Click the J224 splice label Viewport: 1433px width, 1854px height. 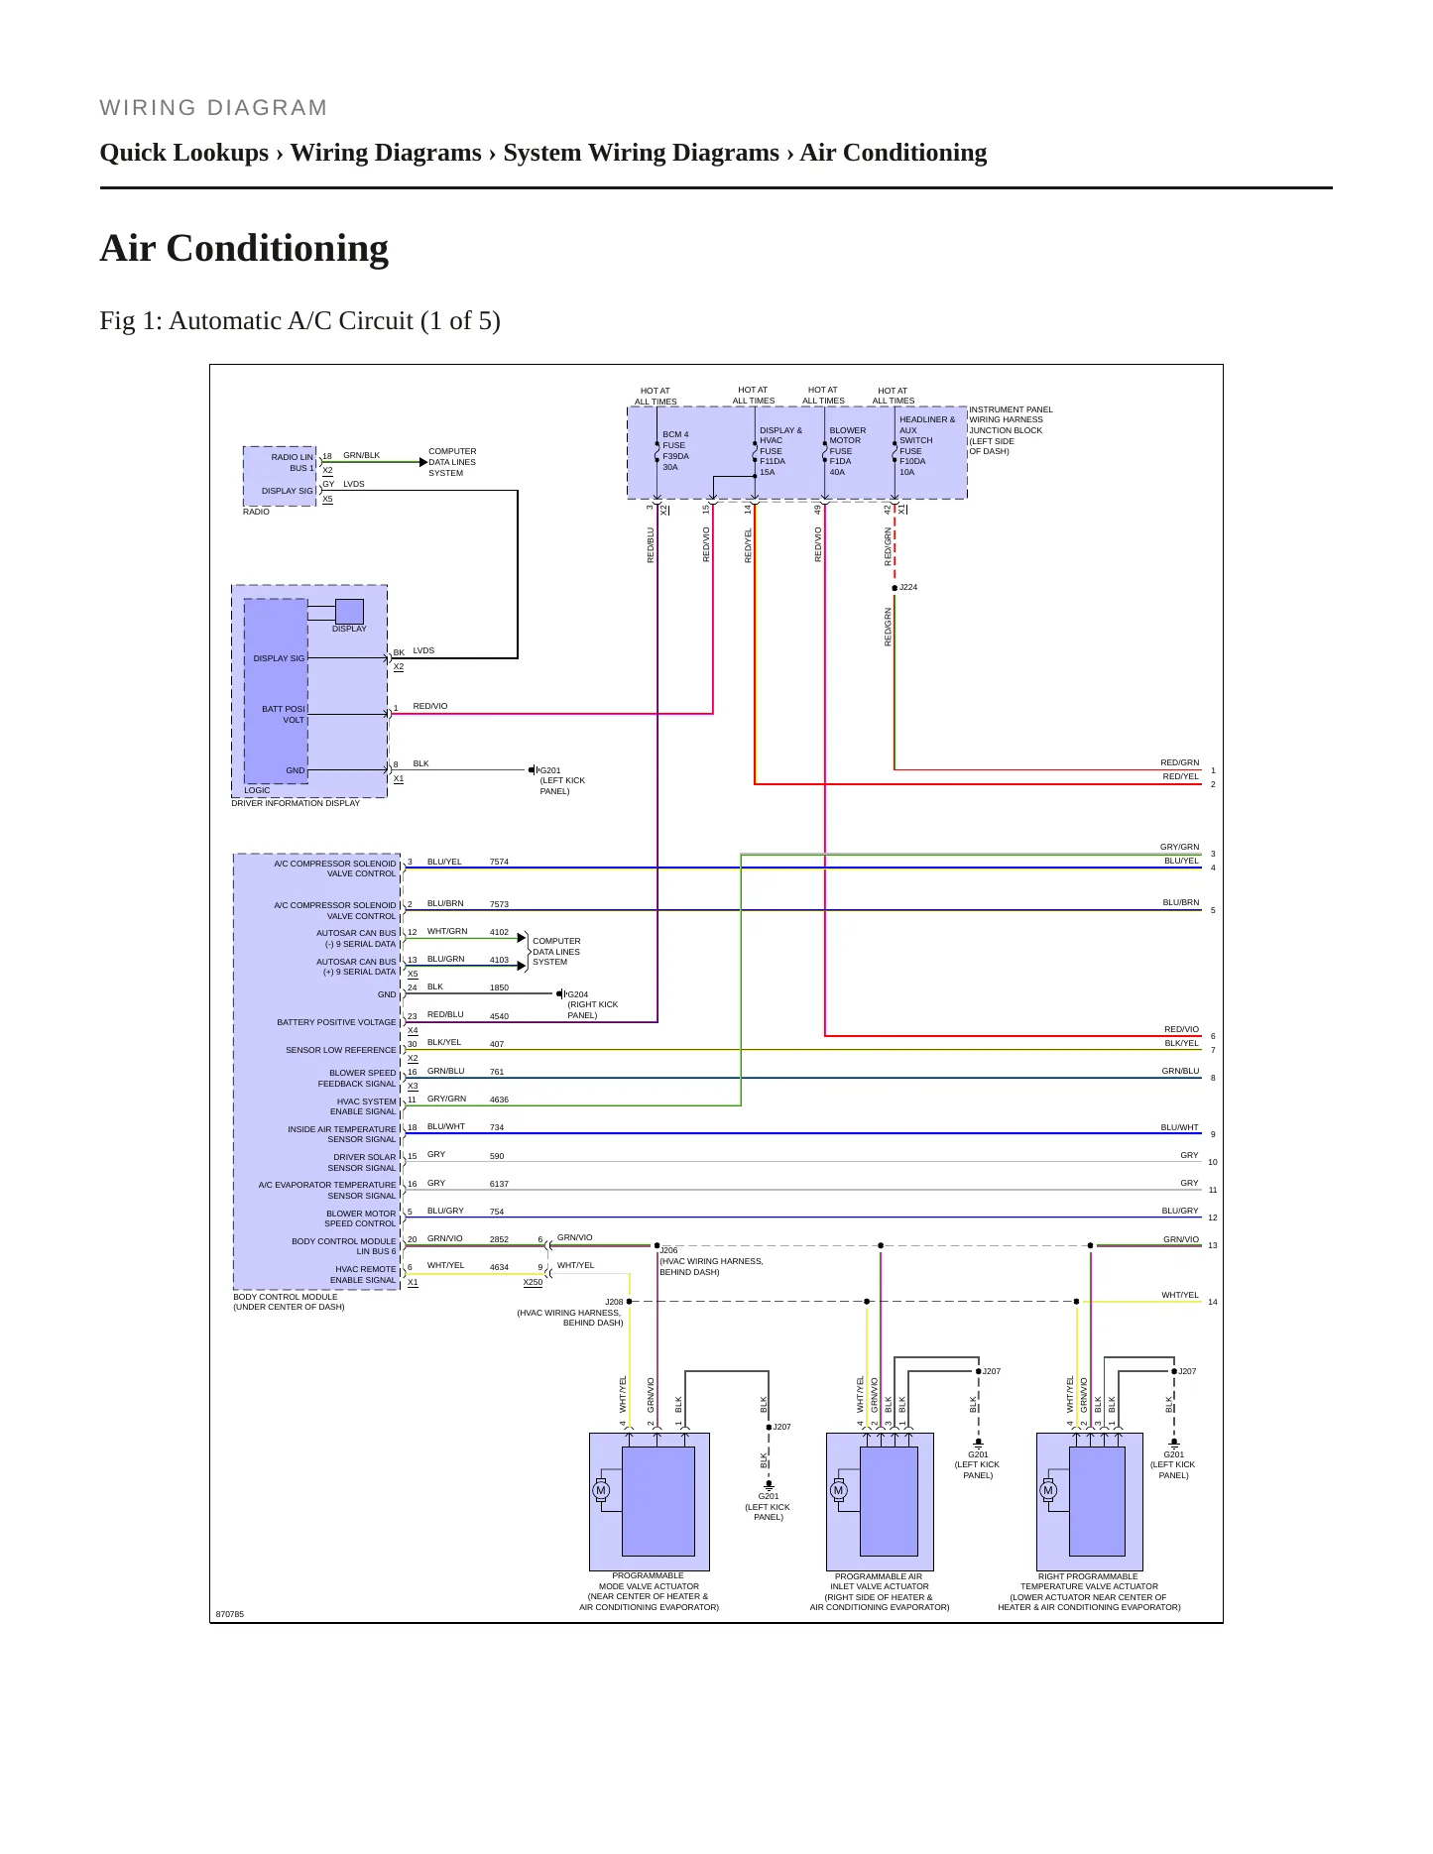(x=908, y=587)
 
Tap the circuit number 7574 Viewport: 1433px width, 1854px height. (x=499, y=862)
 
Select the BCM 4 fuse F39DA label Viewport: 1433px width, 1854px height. (x=675, y=450)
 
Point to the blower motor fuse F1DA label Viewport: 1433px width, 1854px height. (x=847, y=451)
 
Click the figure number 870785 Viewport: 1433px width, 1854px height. (x=230, y=1614)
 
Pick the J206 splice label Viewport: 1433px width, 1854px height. (x=668, y=1250)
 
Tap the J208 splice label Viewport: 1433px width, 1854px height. (x=614, y=1302)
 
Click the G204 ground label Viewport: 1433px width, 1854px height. (x=577, y=994)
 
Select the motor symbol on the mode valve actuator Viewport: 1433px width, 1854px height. (x=601, y=1490)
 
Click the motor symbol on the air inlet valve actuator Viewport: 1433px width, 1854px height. (x=838, y=1490)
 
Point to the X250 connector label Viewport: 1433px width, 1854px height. (x=533, y=1282)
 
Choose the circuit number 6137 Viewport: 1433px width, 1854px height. (x=499, y=1184)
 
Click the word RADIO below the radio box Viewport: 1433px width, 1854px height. (x=256, y=512)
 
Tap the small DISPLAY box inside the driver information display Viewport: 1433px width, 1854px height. (x=349, y=612)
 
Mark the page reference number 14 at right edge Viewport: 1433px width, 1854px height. (x=1213, y=1302)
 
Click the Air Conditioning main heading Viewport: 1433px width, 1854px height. (x=244, y=248)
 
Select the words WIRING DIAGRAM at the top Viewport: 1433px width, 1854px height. (x=213, y=108)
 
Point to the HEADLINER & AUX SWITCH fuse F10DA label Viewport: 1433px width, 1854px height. (x=926, y=445)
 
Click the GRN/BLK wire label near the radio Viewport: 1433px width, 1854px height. (x=362, y=455)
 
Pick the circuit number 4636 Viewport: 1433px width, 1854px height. (x=499, y=1100)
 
